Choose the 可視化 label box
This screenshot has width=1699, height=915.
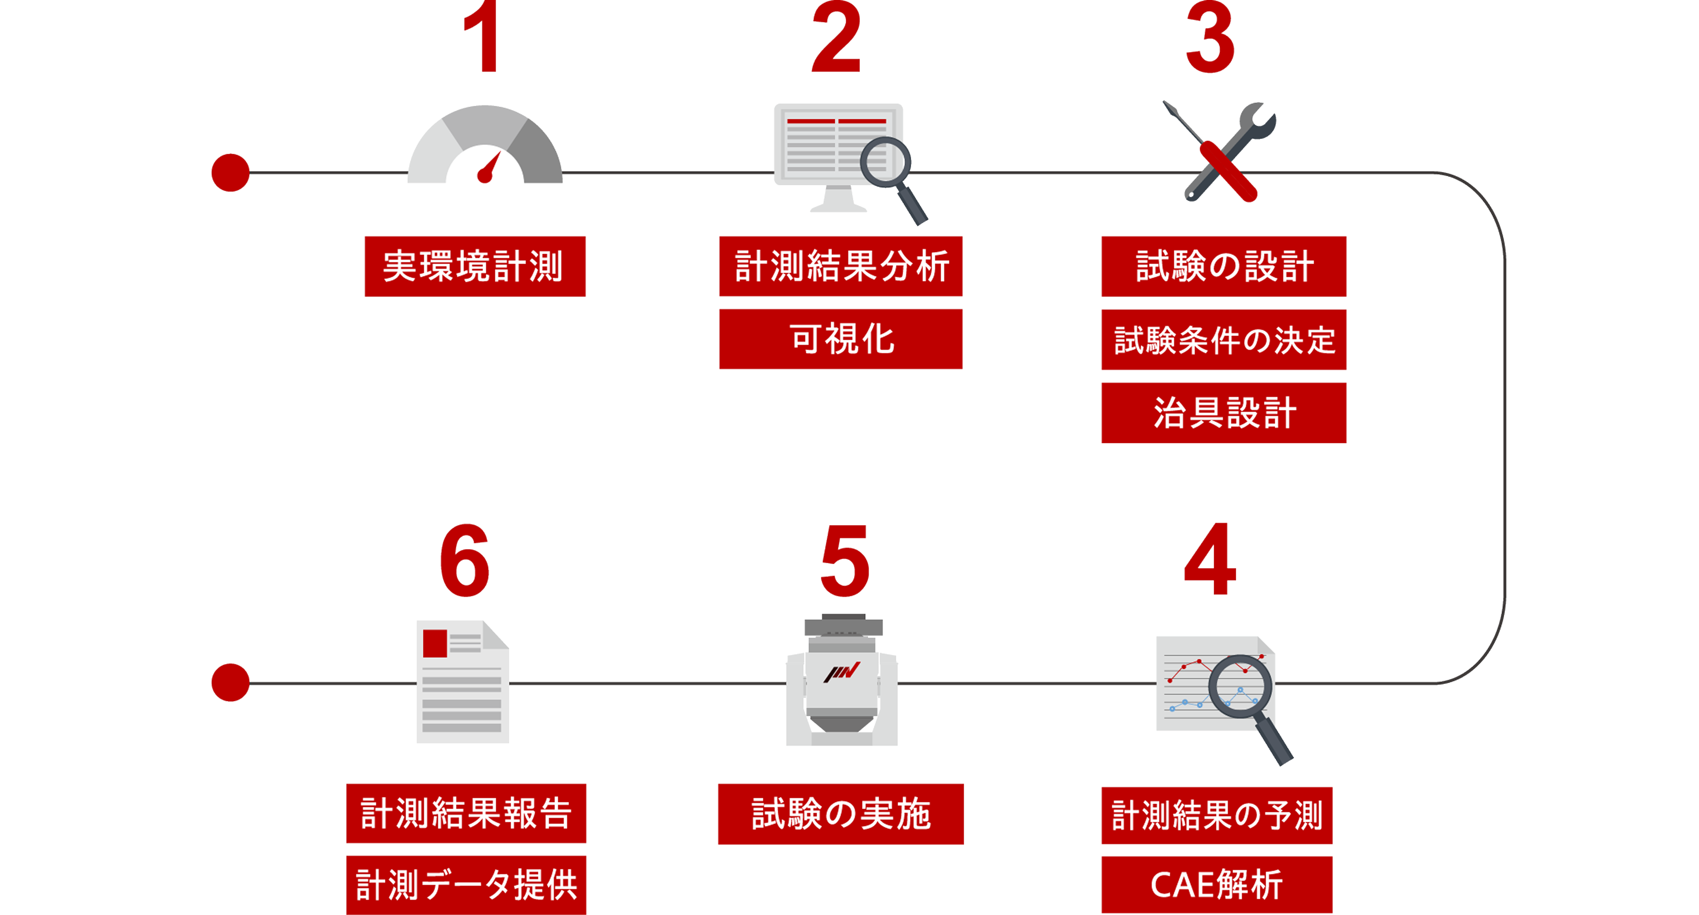[x=841, y=339]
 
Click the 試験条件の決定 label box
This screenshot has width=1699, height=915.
[x=1224, y=340]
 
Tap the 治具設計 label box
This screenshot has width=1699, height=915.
[x=1224, y=412]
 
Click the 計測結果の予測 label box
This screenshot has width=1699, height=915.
[x=1217, y=815]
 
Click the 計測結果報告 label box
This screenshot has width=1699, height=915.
[x=466, y=813]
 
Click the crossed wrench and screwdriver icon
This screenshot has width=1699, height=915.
[x=1220, y=152]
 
